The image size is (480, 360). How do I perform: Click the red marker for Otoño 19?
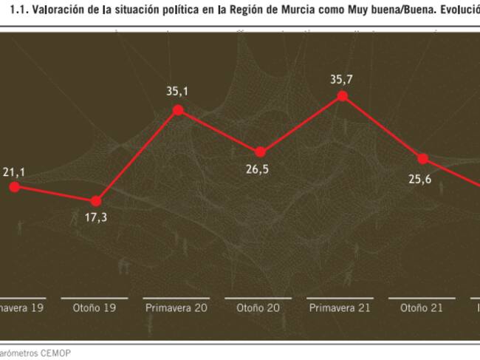coord(96,201)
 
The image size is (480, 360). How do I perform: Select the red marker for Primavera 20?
coord(178,110)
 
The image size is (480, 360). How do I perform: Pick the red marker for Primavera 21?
coord(341,96)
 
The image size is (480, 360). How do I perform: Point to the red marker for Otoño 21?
coord(423,158)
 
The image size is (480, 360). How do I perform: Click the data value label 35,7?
coord(341,76)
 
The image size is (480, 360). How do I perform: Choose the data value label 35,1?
coord(178,91)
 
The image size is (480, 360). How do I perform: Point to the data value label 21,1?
coord(13,172)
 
